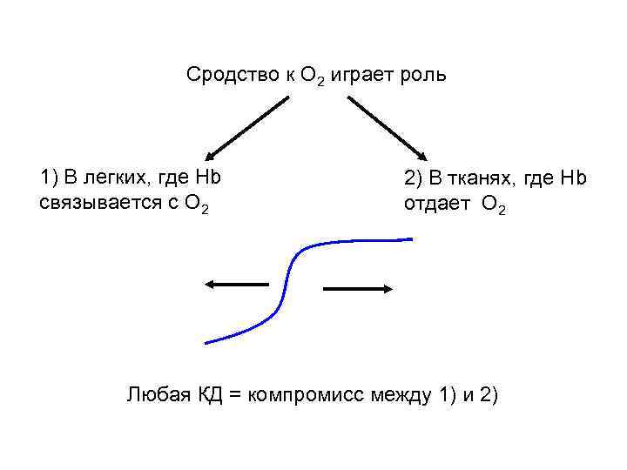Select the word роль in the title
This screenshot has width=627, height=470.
pyautogui.click(x=423, y=75)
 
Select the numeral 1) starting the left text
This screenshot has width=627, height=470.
pyautogui.click(x=49, y=178)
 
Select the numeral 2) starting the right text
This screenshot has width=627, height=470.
pyautogui.click(x=414, y=179)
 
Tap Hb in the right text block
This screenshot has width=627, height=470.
pyautogui.click(x=574, y=179)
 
